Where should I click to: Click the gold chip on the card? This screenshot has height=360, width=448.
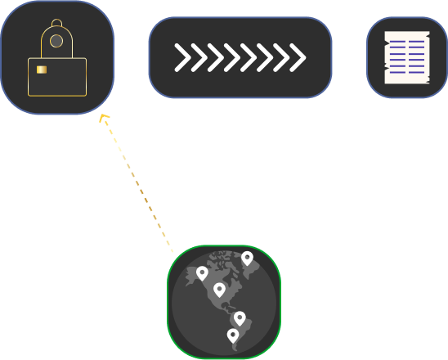(41, 70)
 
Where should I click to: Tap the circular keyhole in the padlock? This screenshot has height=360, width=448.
(56, 40)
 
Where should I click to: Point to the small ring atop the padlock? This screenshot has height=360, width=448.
(56, 21)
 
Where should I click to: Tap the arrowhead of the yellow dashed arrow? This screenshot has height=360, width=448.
(103, 118)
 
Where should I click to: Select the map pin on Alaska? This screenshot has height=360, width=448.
(202, 272)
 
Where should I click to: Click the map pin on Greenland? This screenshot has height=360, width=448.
(247, 258)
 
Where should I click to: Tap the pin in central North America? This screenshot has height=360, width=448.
(219, 289)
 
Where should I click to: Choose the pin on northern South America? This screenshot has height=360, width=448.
(240, 317)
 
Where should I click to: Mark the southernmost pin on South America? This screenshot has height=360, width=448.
(233, 335)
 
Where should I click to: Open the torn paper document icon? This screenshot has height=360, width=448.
(407, 57)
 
